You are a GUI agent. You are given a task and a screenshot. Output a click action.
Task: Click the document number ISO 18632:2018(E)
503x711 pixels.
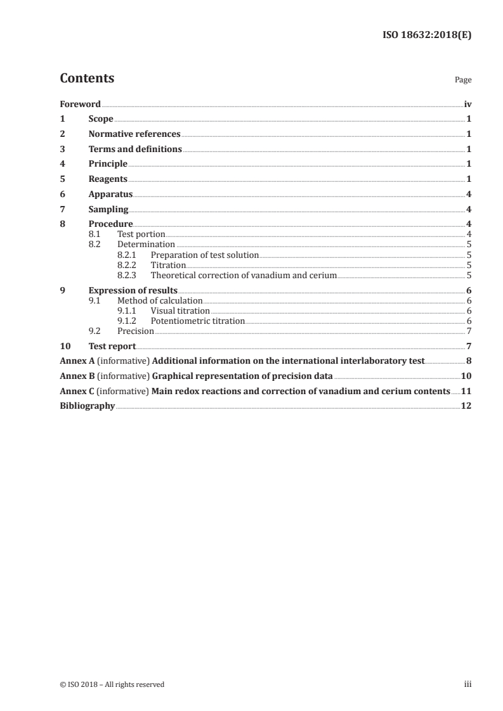pyautogui.click(x=428, y=35)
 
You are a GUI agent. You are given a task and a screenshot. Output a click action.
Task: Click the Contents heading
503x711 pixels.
pyautogui.click(x=87, y=79)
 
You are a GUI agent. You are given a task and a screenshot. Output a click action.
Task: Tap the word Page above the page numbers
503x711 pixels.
pyautogui.click(x=462, y=80)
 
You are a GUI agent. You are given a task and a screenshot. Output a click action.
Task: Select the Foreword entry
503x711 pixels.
pyautogui.click(x=80, y=104)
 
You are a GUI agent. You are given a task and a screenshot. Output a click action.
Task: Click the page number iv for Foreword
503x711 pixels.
pyautogui.click(x=467, y=104)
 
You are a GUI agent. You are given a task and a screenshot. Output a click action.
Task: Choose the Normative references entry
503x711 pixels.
pyautogui.click(x=134, y=134)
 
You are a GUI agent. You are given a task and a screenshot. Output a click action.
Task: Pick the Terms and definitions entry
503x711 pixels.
pyautogui.click(x=135, y=150)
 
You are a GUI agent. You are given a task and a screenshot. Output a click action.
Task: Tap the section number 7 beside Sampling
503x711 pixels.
pyautogui.click(x=62, y=210)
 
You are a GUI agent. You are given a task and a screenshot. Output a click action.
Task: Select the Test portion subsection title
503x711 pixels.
pyautogui.click(x=141, y=234)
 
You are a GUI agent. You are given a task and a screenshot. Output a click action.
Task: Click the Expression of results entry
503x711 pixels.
pyautogui.click(x=133, y=291)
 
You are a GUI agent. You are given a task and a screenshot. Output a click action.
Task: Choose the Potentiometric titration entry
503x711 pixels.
pyautogui.click(x=197, y=321)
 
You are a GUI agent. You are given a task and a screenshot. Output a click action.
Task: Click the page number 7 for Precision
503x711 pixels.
pyautogui.click(x=468, y=331)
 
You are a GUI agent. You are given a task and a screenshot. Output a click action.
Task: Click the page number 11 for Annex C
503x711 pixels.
pyautogui.click(x=466, y=391)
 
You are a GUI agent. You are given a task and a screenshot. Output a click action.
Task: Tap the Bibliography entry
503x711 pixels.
pyautogui.click(x=87, y=406)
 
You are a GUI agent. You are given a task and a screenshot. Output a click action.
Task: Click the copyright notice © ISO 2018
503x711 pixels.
pyautogui.click(x=112, y=684)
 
